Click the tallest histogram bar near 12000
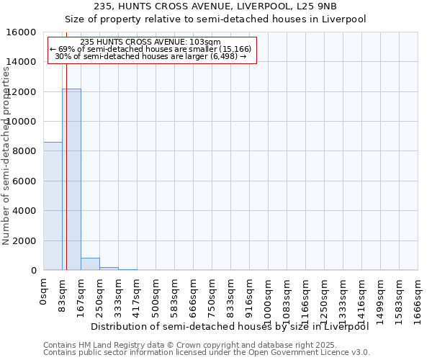click(x=71, y=180)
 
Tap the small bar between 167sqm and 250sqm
click(x=90, y=264)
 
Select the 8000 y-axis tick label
click(x=23, y=151)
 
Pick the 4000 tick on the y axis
click(x=23, y=211)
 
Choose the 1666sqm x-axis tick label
click(x=418, y=296)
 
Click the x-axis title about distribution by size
click(x=230, y=327)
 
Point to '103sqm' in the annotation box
click(x=207, y=42)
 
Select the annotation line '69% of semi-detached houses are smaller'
click(x=151, y=49)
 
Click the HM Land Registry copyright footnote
click(x=180, y=345)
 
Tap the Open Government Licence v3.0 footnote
click(x=207, y=352)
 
